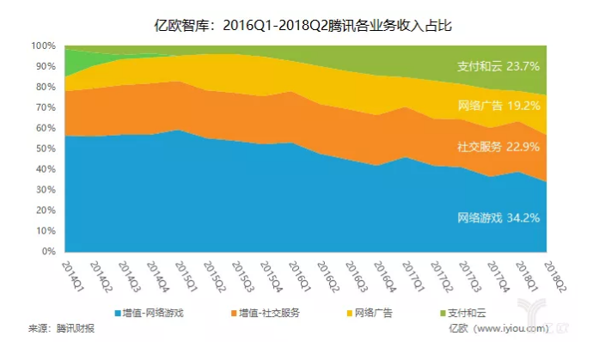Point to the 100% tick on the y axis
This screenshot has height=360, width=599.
pyautogui.click(x=43, y=46)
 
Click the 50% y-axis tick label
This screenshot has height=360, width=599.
pyautogui.click(x=46, y=149)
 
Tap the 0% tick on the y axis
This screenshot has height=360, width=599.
pyautogui.click(x=48, y=253)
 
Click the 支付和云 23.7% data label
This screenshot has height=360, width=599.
pyautogui.click(x=498, y=65)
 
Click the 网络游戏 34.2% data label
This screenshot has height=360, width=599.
pyautogui.click(x=498, y=218)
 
